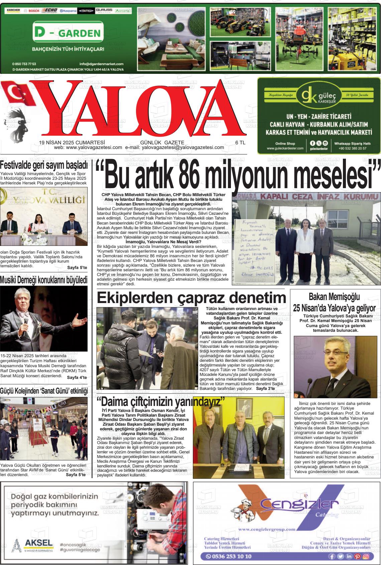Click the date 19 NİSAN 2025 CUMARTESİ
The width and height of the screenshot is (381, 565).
(72, 142)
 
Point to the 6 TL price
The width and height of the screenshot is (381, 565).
(240, 142)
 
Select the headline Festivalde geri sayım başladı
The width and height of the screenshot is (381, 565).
(44, 165)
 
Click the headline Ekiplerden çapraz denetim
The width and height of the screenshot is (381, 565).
(191, 297)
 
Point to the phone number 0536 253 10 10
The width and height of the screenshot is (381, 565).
(229, 556)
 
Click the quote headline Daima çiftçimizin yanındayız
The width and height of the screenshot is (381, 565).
(160, 401)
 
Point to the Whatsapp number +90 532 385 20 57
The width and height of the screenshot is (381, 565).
(352, 148)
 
